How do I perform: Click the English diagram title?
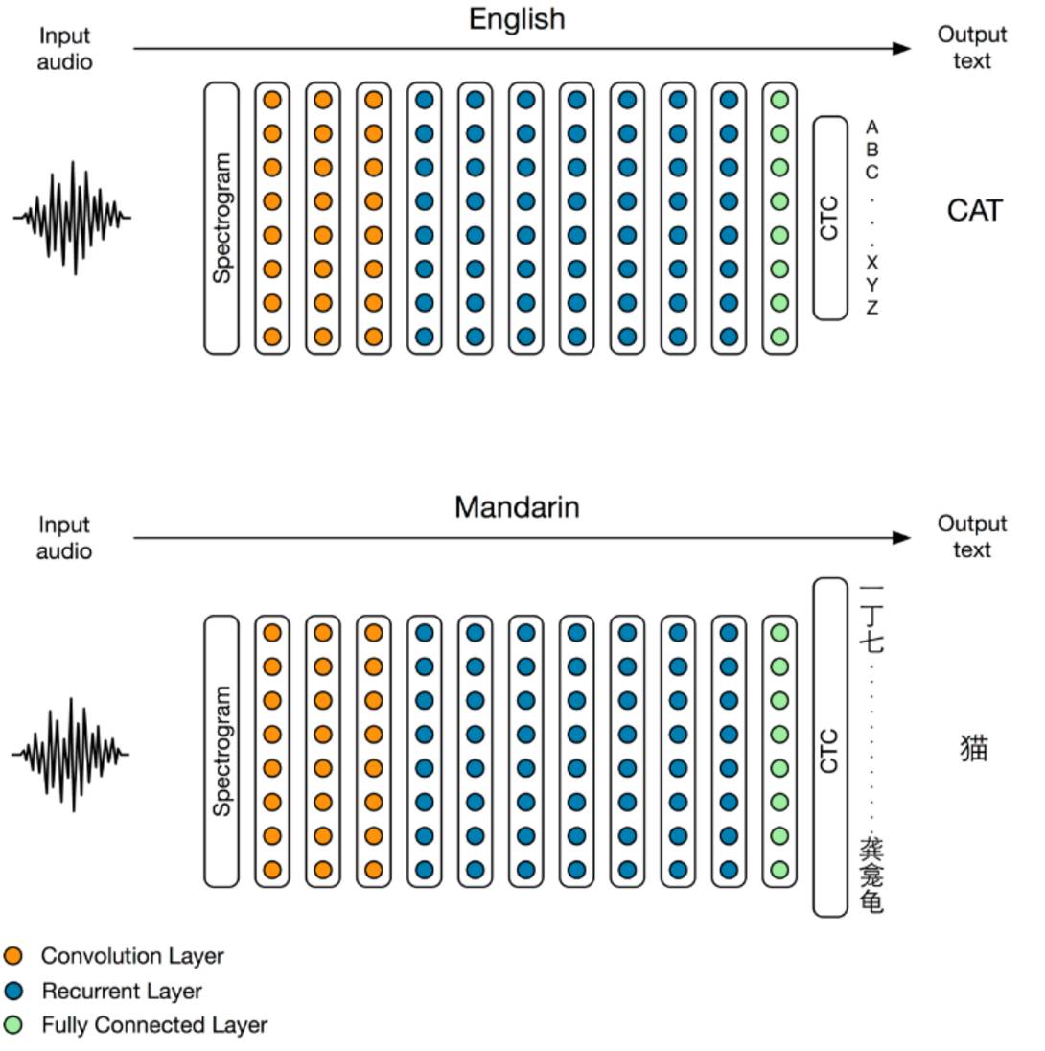point(517,19)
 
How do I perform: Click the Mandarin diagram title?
point(517,507)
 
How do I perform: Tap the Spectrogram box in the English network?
point(221,218)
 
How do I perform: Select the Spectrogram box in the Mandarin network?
point(221,751)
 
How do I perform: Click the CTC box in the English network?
point(830,218)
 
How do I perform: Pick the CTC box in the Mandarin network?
point(830,747)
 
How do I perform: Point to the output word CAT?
point(975,211)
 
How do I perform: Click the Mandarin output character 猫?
point(974,747)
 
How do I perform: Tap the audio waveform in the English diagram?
point(73,218)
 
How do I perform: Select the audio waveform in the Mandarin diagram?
point(70,754)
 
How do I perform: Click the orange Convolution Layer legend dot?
point(12,956)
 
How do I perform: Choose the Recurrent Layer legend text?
point(122,991)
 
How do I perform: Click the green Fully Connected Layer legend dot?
point(12,1025)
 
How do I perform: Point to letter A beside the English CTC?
point(871,127)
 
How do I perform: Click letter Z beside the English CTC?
point(871,308)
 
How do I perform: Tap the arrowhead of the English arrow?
point(901,48)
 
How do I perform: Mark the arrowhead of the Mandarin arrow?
point(901,538)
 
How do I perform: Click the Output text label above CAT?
point(972,48)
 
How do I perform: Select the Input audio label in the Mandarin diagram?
point(63,538)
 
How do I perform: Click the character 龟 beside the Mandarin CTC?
point(871,901)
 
